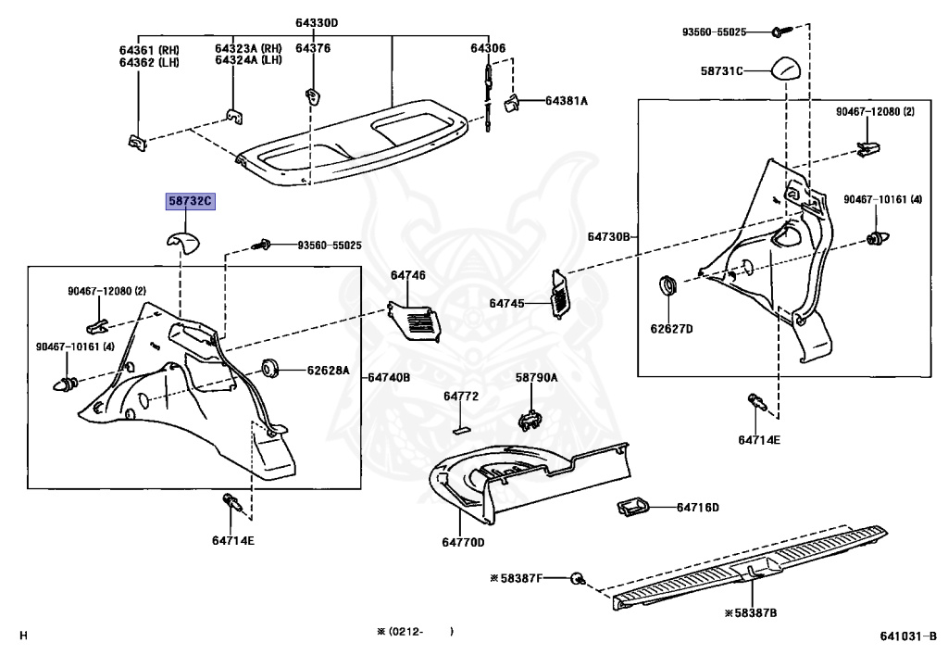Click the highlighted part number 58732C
tap(190, 201)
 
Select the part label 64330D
tap(318, 23)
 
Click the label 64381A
tap(567, 100)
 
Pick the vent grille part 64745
tap(561, 294)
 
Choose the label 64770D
tap(463, 542)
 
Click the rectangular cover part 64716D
tap(630, 507)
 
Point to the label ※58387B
tap(750, 613)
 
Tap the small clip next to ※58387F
tap(577, 578)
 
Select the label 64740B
tap(389, 377)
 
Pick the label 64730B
tap(607, 237)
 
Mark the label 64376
tap(313, 48)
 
